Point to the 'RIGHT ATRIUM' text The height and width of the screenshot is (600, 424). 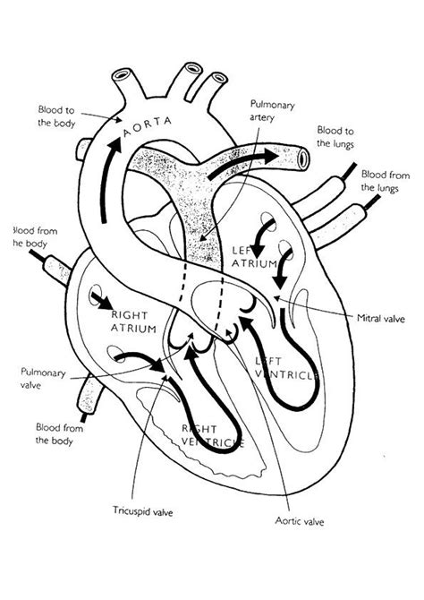click(134, 322)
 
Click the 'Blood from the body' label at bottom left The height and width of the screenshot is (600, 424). click(58, 433)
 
